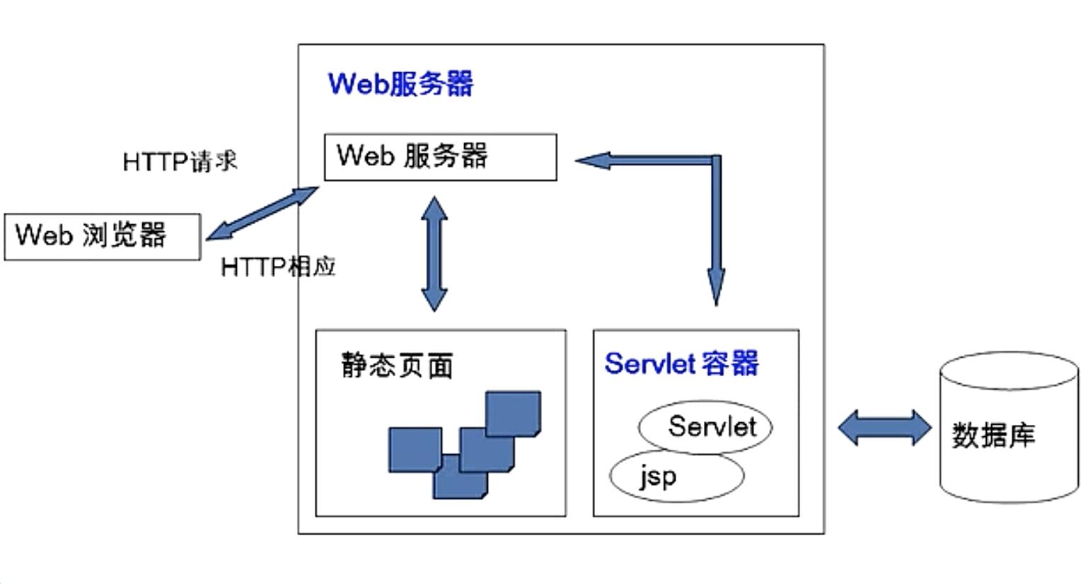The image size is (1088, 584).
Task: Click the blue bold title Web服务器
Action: coord(400,84)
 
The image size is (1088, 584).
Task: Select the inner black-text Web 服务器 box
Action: coord(440,157)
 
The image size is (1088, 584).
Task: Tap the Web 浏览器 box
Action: coord(102,237)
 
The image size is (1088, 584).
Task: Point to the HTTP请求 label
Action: coord(180,162)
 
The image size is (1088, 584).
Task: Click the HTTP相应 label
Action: coord(278,267)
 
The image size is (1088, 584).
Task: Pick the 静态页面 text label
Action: coord(397,366)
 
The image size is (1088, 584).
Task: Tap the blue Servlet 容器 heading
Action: coord(681,363)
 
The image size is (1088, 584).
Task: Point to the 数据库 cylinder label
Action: coord(993,435)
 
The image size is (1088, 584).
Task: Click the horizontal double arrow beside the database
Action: coord(884,428)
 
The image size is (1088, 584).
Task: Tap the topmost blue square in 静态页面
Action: coord(513,413)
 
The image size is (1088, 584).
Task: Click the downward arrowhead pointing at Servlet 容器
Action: coord(716,286)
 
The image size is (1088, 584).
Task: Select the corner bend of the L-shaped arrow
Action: coord(715,161)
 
